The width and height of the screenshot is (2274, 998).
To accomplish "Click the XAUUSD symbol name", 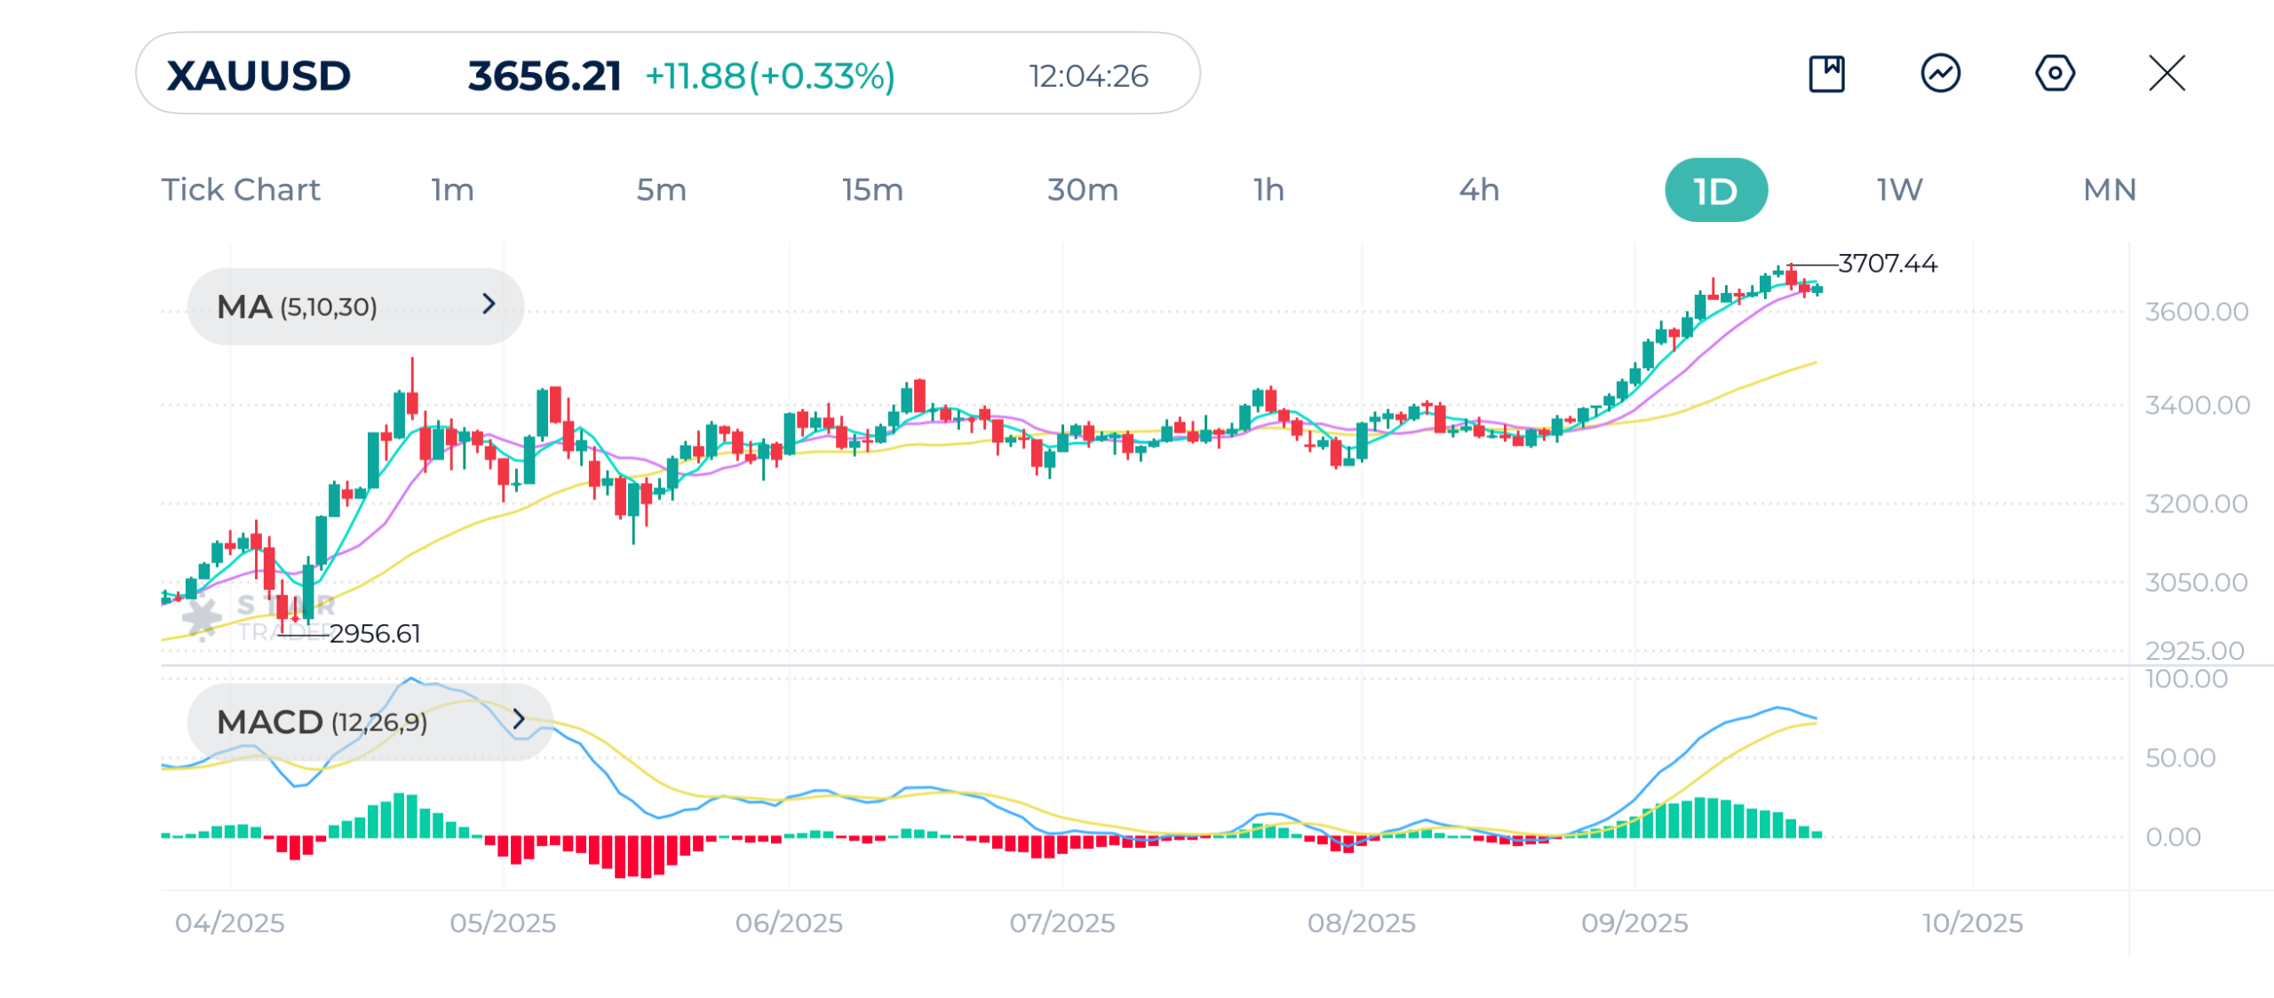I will point(258,75).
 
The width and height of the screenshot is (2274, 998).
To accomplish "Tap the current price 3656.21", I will point(544,75).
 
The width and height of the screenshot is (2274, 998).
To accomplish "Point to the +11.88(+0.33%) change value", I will point(770,75).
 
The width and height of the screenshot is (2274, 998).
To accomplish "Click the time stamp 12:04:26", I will point(1088,76).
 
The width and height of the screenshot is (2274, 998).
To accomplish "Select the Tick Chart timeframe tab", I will point(241,189).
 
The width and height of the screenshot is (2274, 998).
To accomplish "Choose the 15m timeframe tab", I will point(872,189).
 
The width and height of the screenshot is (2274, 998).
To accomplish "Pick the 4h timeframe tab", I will point(1479,189).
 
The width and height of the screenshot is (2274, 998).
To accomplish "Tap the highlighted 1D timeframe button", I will point(1715,190).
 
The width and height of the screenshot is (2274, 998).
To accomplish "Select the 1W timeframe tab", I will point(1899,189).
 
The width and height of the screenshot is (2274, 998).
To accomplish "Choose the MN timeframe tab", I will point(2110,189).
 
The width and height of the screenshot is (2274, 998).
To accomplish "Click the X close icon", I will point(2167,73).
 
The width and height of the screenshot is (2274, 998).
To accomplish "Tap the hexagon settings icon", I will point(2055,73).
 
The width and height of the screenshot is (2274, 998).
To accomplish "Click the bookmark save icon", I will point(1826,73).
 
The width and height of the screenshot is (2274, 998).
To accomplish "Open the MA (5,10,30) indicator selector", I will point(355,306).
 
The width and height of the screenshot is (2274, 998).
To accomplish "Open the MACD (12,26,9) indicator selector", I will point(370,721).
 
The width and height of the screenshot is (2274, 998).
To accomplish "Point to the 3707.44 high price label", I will point(1888,263).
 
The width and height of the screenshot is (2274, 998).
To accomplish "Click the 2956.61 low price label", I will point(375,633).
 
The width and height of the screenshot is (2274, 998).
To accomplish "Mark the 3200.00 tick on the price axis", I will point(2196,503).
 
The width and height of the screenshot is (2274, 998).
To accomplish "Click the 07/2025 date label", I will point(1061,923).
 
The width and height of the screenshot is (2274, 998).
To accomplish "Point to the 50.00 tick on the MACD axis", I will point(2180,757).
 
